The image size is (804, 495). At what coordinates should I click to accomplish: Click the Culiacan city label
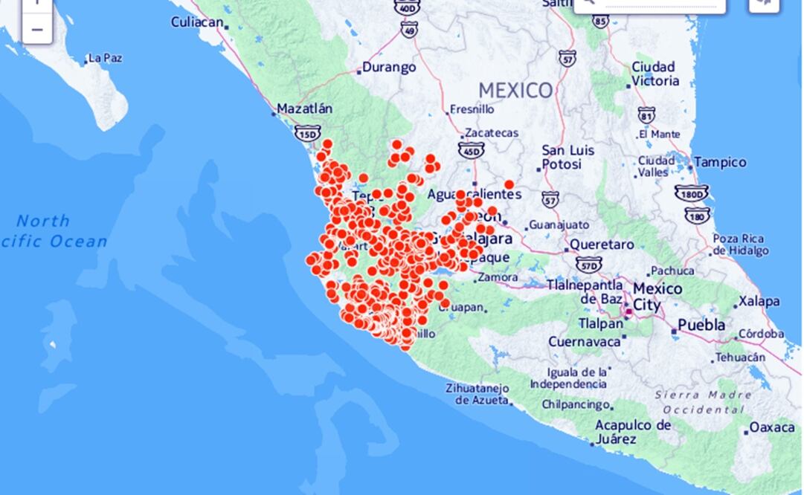197,22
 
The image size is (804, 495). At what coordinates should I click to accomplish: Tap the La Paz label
105,58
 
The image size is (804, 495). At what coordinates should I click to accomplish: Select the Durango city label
389,68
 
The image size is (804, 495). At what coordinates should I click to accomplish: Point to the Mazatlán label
304,109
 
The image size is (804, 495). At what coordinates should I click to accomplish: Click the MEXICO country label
515,91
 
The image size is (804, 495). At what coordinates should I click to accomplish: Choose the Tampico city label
720,162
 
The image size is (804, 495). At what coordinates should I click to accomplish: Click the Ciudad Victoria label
655,74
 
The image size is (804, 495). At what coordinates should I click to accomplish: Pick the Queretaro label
602,245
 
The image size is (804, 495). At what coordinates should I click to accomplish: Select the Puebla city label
701,326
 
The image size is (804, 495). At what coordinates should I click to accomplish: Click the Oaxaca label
772,428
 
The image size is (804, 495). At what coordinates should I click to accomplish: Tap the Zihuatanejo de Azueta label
477,394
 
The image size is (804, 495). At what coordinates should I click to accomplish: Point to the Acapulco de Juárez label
632,432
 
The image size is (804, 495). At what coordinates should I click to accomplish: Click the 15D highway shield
307,133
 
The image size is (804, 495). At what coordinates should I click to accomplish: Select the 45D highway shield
471,151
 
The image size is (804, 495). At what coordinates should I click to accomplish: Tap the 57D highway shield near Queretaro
588,264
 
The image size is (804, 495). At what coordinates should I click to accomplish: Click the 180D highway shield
691,194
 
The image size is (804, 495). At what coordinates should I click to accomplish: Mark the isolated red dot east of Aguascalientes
509,184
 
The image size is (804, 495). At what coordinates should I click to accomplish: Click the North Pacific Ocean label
56,230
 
